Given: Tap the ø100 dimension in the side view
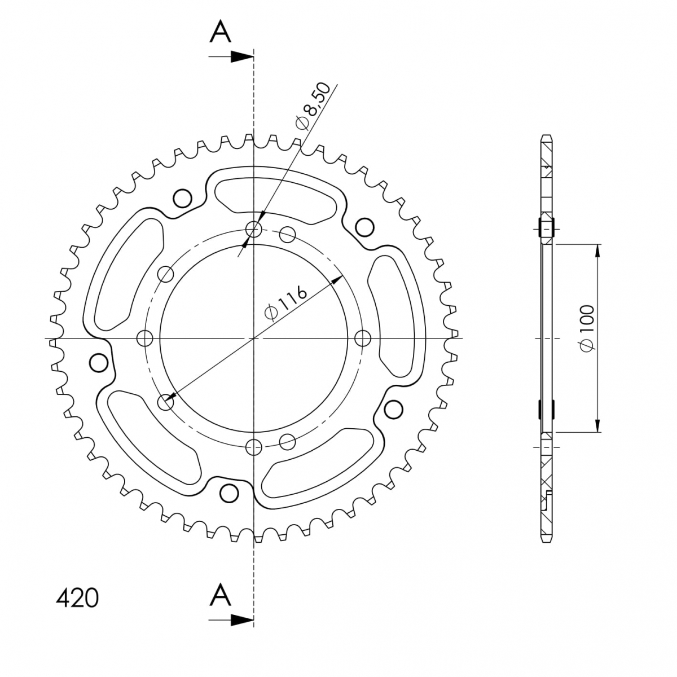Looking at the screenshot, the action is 587,328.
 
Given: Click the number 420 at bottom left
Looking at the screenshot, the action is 77,599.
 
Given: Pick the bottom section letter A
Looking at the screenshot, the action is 220,595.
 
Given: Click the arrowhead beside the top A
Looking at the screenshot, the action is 242,56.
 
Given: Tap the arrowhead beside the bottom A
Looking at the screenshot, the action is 242,620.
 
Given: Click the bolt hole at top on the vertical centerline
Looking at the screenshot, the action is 254,230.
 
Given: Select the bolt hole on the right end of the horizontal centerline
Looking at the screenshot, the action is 363,338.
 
